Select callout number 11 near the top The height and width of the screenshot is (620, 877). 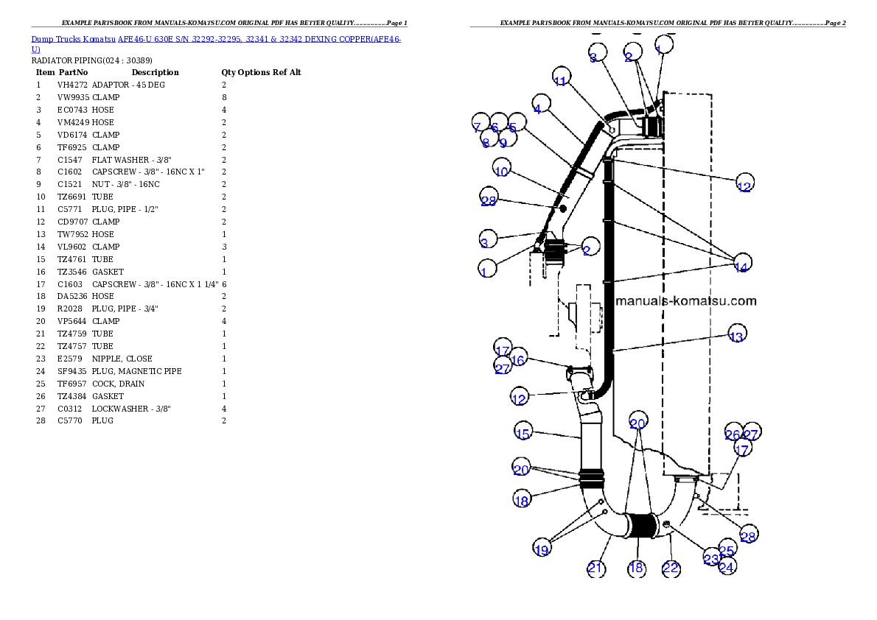point(561,81)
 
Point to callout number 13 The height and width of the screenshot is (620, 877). point(736,337)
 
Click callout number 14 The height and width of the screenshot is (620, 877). point(741,267)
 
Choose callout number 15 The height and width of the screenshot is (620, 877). point(523,434)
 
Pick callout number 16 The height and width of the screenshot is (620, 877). point(518,359)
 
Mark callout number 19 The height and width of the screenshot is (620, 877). point(542,549)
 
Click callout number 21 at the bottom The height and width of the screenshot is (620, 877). point(596,568)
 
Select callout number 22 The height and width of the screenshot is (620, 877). point(671,568)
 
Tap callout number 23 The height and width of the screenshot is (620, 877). point(710,559)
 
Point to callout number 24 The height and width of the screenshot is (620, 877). point(727,567)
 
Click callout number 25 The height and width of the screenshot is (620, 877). point(727,550)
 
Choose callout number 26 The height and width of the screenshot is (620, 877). point(733,434)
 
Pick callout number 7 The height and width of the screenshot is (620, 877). point(478,127)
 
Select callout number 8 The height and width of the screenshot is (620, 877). point(486,142)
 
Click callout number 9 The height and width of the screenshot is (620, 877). point(503,143)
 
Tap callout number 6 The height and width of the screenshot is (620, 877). point(495,127)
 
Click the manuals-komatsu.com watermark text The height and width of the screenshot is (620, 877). point(685,300)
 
